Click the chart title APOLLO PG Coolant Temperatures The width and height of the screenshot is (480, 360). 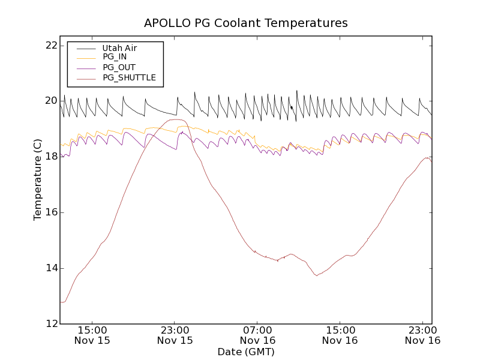coord(245,23)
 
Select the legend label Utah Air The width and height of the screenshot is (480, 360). coord(120,48)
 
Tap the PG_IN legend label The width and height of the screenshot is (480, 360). coord(115,57)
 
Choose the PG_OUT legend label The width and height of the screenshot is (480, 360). coord(119,67)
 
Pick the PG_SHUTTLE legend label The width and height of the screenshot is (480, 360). coord(129,77)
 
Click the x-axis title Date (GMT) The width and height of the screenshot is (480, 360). coord(245,352)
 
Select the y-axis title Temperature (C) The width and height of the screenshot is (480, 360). coord(38,179)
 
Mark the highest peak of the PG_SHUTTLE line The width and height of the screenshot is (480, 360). coord(176,119)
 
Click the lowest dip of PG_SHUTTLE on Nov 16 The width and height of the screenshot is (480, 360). coord(316,275)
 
